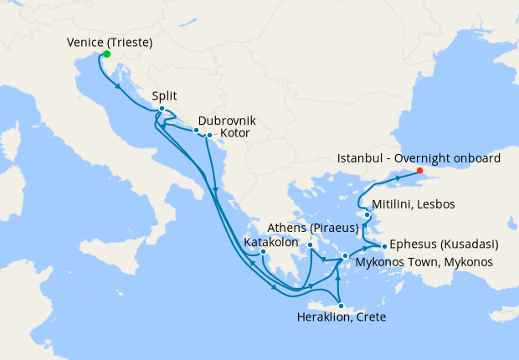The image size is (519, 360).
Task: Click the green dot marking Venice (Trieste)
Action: pyautogui.click(x=106, y=54)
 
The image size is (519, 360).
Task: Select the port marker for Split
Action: pyautogui.click(x=162, y=109)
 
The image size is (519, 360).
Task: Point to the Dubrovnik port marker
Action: pyautogui.click(x=196, y=131)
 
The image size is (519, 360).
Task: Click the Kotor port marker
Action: pyautogui.click(x=209, y=135)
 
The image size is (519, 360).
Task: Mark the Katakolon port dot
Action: pyautogui.click(x=263, y=251)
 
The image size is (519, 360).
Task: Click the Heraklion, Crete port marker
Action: pyautogui.click(x=340, y=306)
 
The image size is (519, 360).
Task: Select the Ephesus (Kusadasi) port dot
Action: pyautogui.click(x=384, y=246)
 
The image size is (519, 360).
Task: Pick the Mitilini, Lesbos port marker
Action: pyautogui.click(x=367, y=215)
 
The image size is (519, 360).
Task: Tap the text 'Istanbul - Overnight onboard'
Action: pyautogui.click(x=419, y=157)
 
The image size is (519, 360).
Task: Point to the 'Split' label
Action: pyautogui.click(x=165, y=95)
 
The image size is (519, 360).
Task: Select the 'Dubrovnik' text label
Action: pyautogui.click(x=228, y=121)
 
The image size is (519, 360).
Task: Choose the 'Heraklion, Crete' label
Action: pyautogui.click(x=342, y=317)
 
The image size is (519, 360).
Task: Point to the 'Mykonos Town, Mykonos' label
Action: pyautogui.click(x=424, y=262)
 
